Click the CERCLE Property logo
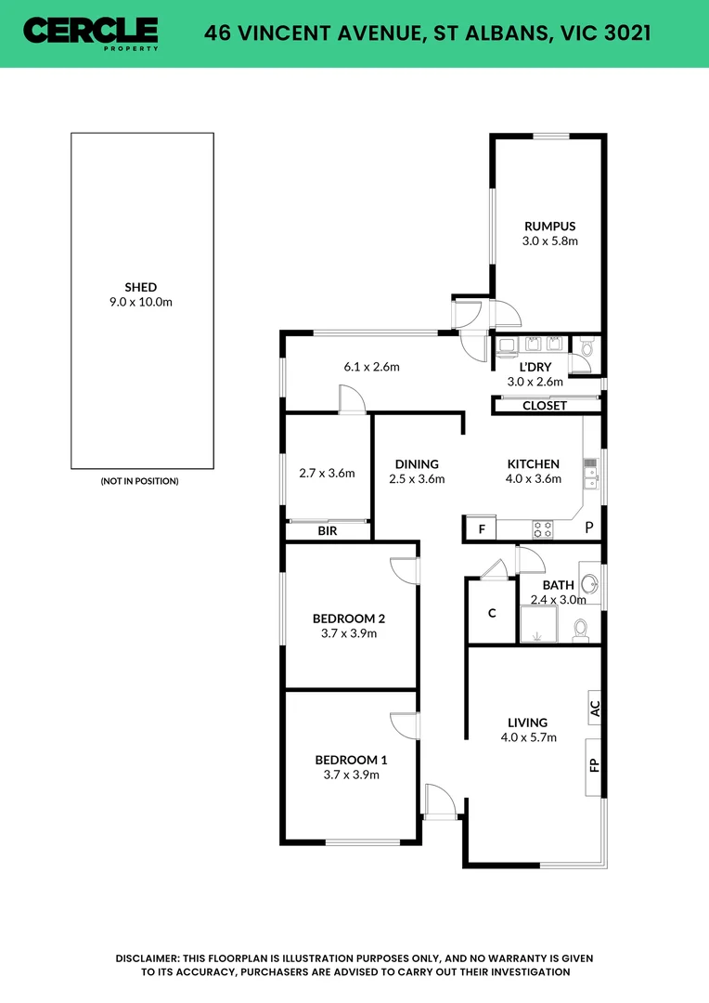click(x=90, y=33)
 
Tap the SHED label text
click(x=141, y=287)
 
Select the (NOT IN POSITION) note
click(x=139, y=481)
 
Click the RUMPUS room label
click(x=549, y=226)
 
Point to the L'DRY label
click(x=535, y=367)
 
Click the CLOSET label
click(x=544, y=406)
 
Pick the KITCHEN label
click(x=533, y=464)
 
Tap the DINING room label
click(x=416, y=464)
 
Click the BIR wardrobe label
click(x=327, y=531)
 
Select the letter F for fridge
click(x=481, y=529)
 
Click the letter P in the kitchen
click(x=588, y=528)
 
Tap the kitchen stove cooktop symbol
click(x=543, y=529)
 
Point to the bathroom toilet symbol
click(x=581, y=631)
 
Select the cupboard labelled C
click(x=492, y=613)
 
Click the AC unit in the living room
click(x=594, y=710)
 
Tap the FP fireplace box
click(x=594, y=766)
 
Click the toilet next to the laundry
click(x=586, y=349)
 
